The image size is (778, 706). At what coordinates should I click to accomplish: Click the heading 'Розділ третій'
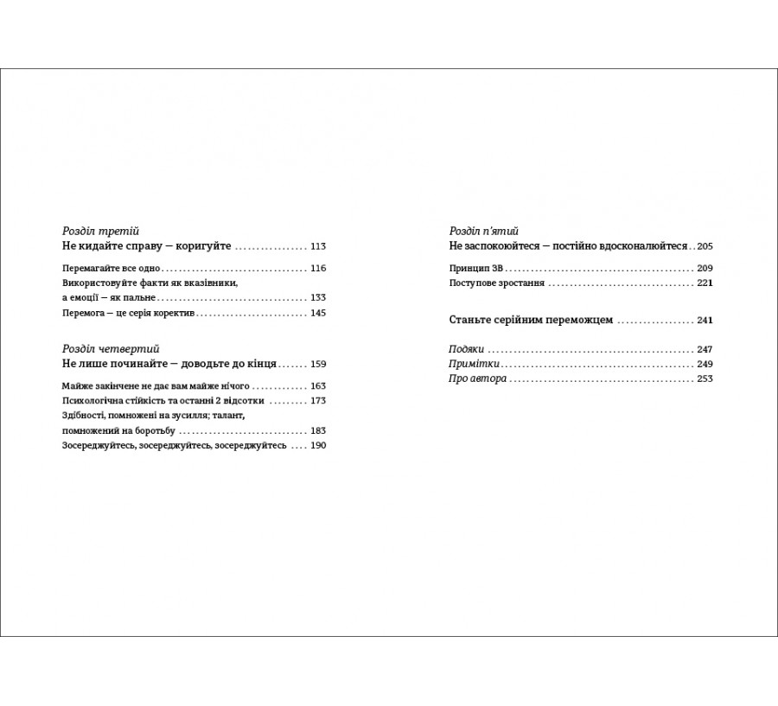click(101, 232)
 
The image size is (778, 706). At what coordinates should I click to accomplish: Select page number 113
click(317, 246)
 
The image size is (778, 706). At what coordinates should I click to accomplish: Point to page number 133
click(317, 297)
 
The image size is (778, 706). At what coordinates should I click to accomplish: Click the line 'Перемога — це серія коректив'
click(129, 313)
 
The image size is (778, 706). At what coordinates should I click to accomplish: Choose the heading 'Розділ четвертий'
click(112, 348)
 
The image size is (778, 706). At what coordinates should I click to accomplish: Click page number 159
click(317, 364)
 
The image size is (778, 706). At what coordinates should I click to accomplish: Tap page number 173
click(317, 401)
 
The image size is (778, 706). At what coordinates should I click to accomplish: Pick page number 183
click(317, 430)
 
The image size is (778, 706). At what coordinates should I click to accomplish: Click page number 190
click(317, 446)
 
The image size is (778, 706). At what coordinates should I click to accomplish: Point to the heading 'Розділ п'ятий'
click(483, 232)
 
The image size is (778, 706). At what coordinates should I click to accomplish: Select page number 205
click(704, 246)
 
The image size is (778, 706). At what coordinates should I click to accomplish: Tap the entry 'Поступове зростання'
click(497, 283)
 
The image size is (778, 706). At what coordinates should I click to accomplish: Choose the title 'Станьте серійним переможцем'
click(531, 320)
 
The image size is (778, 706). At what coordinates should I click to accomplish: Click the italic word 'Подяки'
click(467, 350)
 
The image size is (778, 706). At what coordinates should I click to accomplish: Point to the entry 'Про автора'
click(478, 379)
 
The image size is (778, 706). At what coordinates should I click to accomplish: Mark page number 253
click(704, 379)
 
